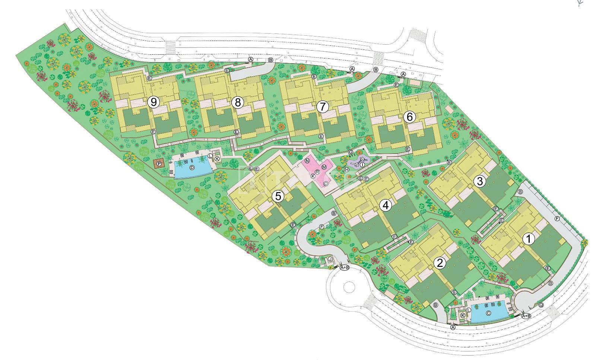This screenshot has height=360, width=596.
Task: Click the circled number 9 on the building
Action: pyautogui.click(x=153, y=102)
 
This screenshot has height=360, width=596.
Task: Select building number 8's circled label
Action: pyautogui.click(x=238, y=102)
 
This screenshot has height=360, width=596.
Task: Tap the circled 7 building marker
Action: pyautogui.click(x=322, y=107)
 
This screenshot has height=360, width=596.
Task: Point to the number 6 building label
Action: pyautogui.click(x=409, y=117)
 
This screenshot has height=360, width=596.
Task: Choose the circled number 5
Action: pyautogui.click(x=278, y=196)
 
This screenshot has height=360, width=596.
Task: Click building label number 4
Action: pyautogui.click(x=386, y=205)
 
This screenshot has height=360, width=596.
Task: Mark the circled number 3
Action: pyautogui.click(x=480, y=181)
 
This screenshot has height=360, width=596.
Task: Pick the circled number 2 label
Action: pyautogui.click(x=440, y=263)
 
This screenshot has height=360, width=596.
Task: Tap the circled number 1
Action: pyautogui.click(x=528, y=239)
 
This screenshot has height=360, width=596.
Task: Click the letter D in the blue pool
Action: pyautogui.click(x=192, y=168)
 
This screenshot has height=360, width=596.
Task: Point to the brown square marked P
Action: pyautogui.click(x=159, y=164)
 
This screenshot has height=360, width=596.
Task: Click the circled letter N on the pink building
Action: pyautogui.click(x=307, y=161)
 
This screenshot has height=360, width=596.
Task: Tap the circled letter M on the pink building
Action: pyautogui.click(x=324, y=167)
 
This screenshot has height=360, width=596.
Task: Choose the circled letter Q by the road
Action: pyautogui.click(x=541, y=305)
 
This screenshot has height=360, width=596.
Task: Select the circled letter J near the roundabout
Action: pyautogui.click(x=330, y=259)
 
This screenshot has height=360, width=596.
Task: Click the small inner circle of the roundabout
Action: pyautogui.click(x=349, y=287)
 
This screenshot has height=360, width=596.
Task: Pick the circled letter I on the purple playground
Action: pyautogui.click(x=362, y=164)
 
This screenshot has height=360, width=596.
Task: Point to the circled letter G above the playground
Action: pyautogui.click(x=350, y=152)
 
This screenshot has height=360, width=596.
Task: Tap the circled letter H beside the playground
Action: pyautogui.click(x=346, y=169)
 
